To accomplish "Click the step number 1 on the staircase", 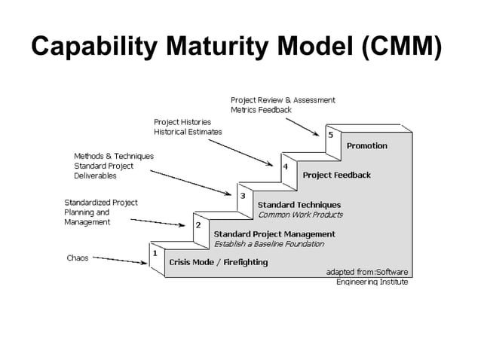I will (155, 253).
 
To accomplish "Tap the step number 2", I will (198, 224).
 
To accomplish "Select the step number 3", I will (242, 196).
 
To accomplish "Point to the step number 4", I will (286, 166).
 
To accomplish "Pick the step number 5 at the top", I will (330, 136).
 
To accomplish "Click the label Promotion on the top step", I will (366, 146).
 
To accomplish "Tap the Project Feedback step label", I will (336, 175).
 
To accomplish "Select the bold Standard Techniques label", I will (299, 205).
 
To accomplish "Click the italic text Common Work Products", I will (300, 215).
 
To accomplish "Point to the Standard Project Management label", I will (274, 234).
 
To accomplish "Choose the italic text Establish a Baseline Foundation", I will (268, 244).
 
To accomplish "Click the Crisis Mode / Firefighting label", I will (218, 263).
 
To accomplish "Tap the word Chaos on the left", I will (77, 258).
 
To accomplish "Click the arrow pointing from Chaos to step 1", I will (121, 260).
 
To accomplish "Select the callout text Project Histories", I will (182, 122).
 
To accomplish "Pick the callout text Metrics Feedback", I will (260, 110).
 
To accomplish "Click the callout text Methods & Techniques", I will (113, 156).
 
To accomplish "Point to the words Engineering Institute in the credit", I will (372, 282).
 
